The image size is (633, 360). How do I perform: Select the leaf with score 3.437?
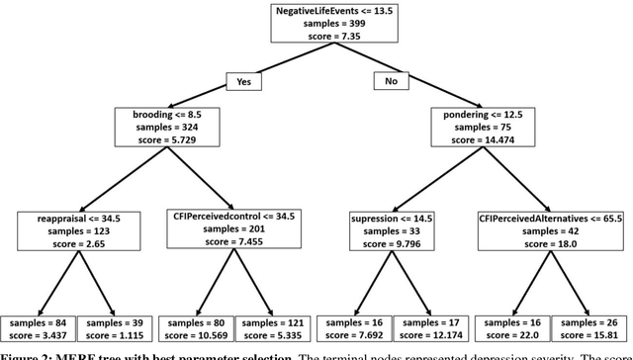pos(37,328)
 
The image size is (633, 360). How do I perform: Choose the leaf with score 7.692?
pos(354,328)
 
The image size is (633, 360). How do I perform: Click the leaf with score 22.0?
pos(511,328)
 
